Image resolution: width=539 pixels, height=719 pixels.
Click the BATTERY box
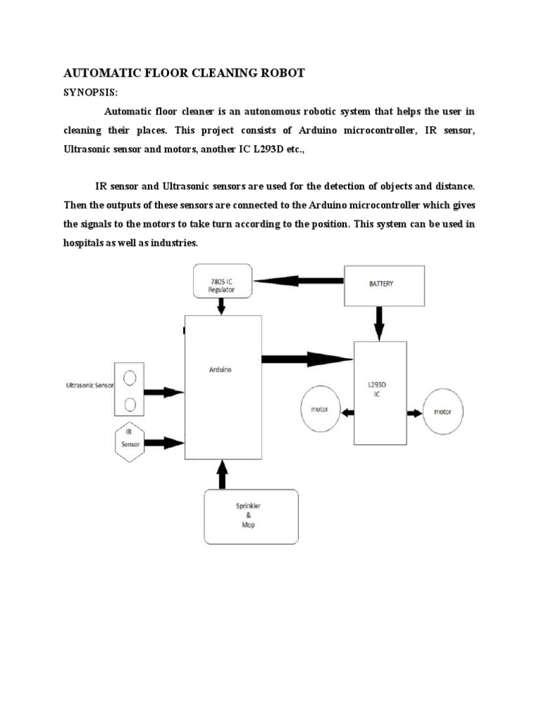tap(384, 284)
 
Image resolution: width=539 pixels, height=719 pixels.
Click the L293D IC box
tap(380, 393)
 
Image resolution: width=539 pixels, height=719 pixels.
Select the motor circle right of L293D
tap(442, 411)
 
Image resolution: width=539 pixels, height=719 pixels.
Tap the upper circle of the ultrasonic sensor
tap(130, 379)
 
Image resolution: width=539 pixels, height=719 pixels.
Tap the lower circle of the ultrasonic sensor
tap(130, 404)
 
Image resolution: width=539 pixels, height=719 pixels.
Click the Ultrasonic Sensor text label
tap(89, 386)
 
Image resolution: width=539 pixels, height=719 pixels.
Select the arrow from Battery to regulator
tap(299, 280)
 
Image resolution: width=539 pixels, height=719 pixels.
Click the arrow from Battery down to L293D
tap(380, 324)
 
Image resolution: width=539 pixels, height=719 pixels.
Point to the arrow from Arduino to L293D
tap(307, 359)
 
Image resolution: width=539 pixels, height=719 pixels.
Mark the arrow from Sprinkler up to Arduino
tap(222, 475)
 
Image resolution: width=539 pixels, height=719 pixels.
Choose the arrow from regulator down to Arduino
tap(222, 306)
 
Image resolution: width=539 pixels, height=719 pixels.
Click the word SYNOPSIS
tap(88, 93)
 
